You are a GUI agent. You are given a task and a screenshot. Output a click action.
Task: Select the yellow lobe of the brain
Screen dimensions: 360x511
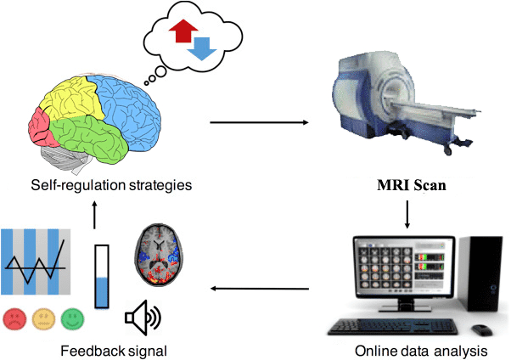[x=74, y=100]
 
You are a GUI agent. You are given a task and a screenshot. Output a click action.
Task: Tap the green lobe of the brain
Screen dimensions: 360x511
[x=93, y=138]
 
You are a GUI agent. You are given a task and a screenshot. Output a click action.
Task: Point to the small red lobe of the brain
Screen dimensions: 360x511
[x=40, y=127]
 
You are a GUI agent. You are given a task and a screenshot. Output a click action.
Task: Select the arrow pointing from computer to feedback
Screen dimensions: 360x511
[x=259, y=288]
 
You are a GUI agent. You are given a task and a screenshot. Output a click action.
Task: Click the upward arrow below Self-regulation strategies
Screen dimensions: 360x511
[x=95, y=213]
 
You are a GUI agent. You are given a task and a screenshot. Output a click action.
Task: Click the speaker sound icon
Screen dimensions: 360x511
[x=140, y=318]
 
